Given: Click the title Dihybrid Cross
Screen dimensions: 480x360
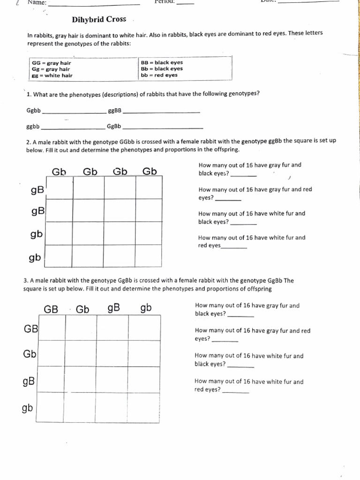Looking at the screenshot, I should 99,20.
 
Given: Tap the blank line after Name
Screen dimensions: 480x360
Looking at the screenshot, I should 94,4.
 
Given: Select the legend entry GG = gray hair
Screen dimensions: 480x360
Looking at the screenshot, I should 51,63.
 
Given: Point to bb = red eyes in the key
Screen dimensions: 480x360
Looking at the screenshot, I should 159,75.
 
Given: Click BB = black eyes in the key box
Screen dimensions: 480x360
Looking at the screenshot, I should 162,62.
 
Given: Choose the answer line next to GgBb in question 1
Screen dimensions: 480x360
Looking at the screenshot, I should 163,127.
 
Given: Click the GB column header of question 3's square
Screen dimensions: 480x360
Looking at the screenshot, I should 51,309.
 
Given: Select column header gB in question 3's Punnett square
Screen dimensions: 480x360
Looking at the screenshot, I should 114,308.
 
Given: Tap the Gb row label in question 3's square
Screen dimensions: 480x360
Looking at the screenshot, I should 30,354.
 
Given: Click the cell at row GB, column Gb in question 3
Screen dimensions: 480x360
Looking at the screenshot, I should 81,327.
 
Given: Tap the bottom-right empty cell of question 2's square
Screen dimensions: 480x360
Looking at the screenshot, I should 149,255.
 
